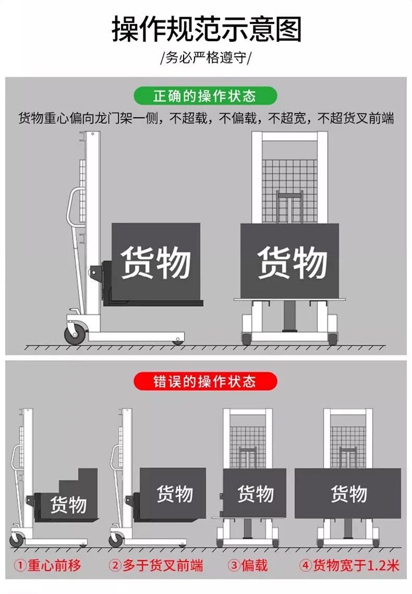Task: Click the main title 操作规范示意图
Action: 206,29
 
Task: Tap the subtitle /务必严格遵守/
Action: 206,57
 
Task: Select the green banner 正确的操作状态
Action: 204,96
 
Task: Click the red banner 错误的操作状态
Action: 204,381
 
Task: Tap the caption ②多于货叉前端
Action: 155,565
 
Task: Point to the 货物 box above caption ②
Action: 174,493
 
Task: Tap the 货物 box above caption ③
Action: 255,493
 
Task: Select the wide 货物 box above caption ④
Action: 348,493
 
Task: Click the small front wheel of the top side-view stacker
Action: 178,341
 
